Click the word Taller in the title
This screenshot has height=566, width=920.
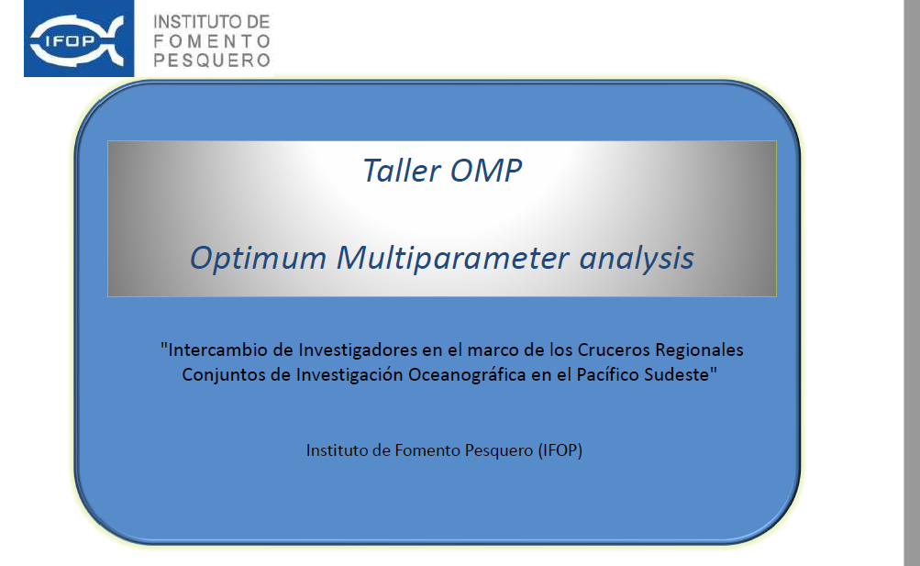pyautogui.click(x=402, y=171)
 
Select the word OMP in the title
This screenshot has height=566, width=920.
pyautogui.click(x=486, y=171)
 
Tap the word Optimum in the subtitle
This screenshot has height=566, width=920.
pyautogui.click(x=258, y=258)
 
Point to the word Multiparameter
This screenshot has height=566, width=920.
pyautogui.click(x=452, y=258)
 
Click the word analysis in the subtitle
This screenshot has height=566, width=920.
pyautogui.click(x=637, y=258)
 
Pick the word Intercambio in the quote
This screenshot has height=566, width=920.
pyautogui.click(x=216, y=350)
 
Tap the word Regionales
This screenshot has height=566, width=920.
pyautogui.click(x=699, y=350)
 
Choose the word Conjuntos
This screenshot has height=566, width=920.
pyautogui.click(x=223, y=375)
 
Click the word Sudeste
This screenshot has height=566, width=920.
pyautogui.click(x=681, y=375)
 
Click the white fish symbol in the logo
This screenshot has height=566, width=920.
pyautogui.click(x=77, y=39)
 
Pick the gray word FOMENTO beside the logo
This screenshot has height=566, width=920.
pyautogui.click(x=212, y=41)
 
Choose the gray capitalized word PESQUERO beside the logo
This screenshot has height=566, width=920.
pyautogui.click(x=212, y=61)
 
